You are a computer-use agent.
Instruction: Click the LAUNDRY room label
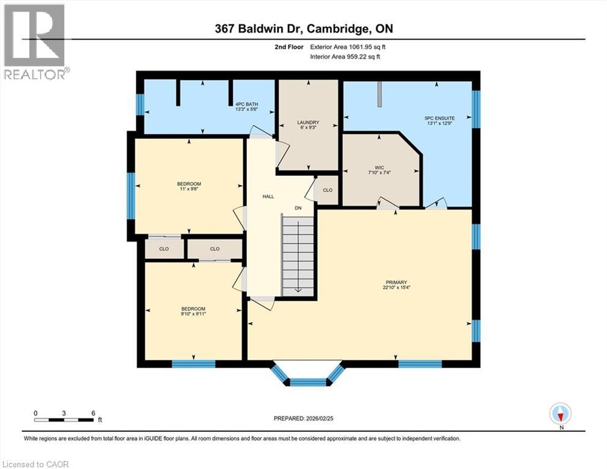[309, 123]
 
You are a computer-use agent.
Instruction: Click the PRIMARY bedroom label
[396, 282]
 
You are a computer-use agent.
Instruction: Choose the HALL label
[268, 197]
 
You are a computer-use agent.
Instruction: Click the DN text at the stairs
[298, 208]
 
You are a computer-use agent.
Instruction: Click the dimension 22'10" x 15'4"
[396, 288]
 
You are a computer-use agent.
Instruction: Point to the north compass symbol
[560, 414]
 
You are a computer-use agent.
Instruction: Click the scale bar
[64, 420]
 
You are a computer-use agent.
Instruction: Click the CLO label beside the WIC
[328, 191]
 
